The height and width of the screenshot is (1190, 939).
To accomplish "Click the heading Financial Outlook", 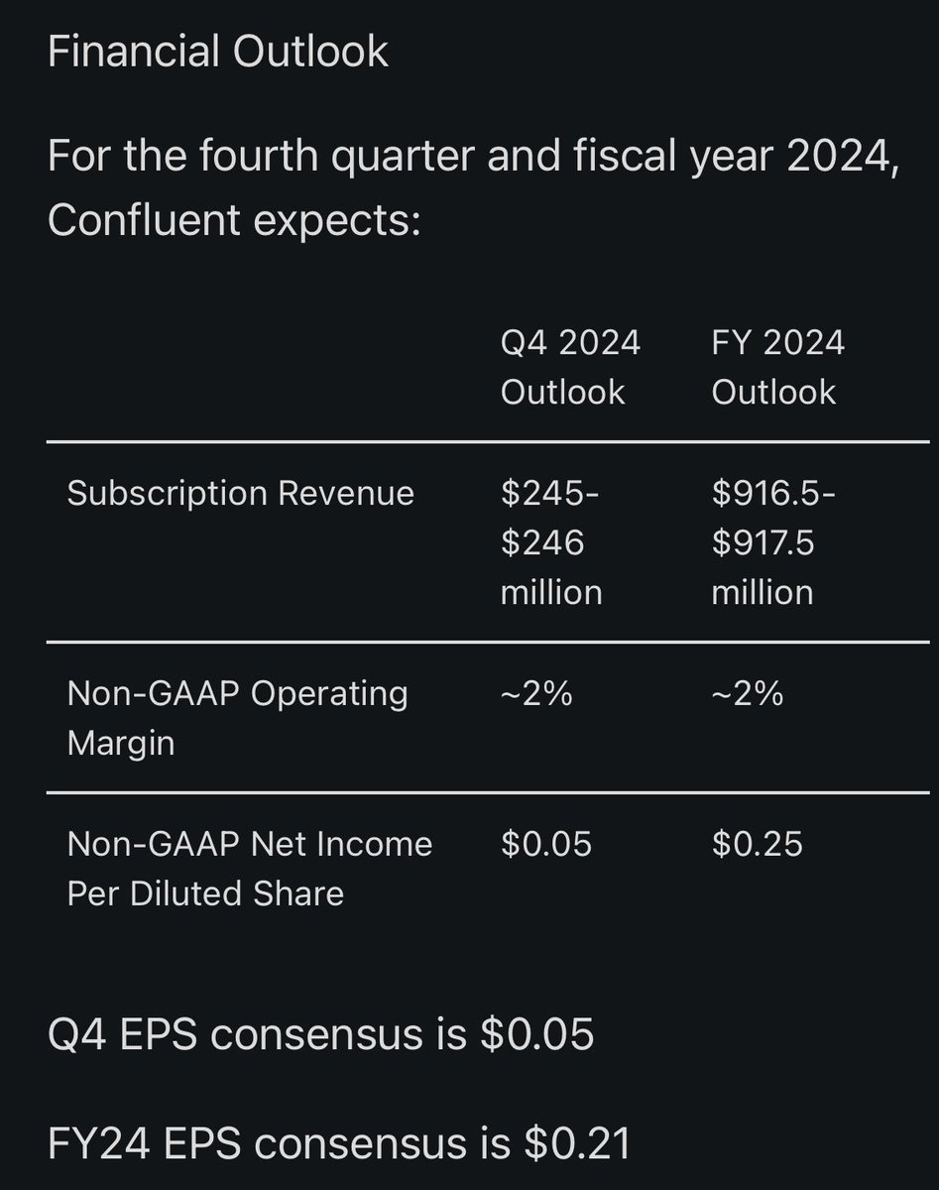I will (218, 52).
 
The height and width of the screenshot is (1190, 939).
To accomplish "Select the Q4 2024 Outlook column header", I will (570, 367).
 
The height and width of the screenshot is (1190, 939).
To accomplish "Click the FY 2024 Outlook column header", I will (778, 367).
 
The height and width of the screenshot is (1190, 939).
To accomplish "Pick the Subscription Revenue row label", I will (240, 493).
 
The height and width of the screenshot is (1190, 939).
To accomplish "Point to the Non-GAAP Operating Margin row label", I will (237, 717).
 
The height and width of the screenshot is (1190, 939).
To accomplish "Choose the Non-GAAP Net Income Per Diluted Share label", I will (249, 868).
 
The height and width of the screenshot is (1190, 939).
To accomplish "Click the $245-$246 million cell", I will (551, 542).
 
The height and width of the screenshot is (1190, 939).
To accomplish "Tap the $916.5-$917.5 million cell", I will (773, 542).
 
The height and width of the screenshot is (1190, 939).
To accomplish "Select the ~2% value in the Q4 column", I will (536, 693).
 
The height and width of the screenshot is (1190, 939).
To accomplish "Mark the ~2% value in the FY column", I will (748, 693).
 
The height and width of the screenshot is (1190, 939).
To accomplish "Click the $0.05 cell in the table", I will (546, 844).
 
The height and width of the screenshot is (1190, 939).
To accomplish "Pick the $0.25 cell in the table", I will (758, 844).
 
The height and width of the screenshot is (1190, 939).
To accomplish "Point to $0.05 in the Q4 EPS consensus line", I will (536, 1034).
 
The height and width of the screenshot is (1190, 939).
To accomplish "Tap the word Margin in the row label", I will (121, 743).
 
